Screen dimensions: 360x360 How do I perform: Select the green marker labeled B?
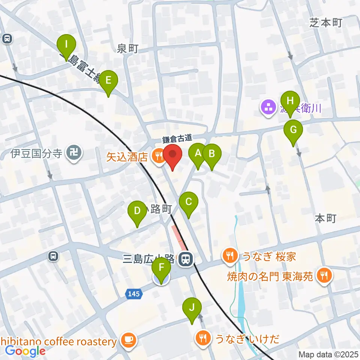coord(211,154)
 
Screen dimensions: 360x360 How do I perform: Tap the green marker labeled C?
coord(188,202)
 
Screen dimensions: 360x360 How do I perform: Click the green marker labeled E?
coord(108,81)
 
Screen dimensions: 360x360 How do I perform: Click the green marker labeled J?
coord(192,308)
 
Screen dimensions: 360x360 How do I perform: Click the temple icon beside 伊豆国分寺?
coord(74,153)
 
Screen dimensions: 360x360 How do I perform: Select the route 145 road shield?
coord(134,294)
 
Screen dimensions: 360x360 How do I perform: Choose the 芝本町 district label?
coord(326,23)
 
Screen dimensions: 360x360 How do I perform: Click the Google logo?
coord(25,351)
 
